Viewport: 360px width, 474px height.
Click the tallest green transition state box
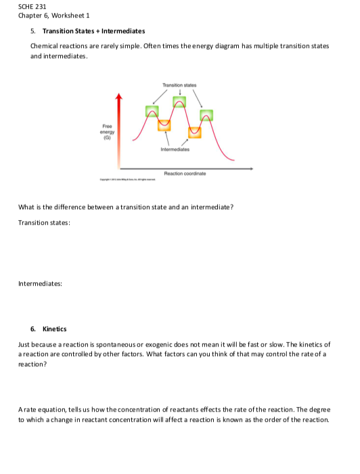tap(179, 102)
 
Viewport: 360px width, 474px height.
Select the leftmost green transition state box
tap(153, 111)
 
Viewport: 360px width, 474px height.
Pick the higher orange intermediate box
tap(164, 125)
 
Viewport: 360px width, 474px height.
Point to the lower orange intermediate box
tap(195, 131)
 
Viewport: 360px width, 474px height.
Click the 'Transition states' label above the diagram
tap(179, 85)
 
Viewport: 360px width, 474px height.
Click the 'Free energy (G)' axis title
tap(106, 129)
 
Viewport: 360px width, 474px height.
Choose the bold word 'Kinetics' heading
tap(54, 328)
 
